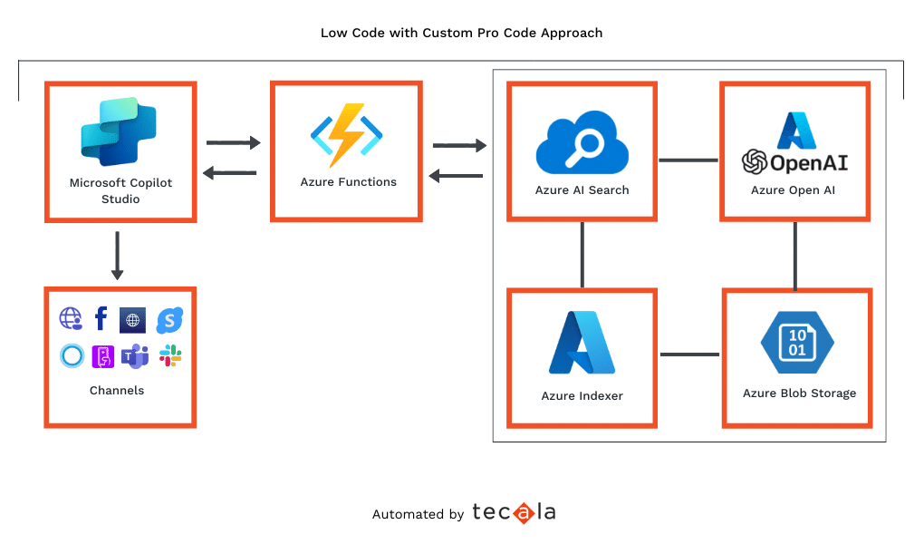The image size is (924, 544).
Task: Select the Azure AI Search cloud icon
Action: coord(582,141)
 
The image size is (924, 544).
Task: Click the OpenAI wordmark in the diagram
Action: coord(794,162)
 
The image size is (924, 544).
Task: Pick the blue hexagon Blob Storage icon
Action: coord(797,344)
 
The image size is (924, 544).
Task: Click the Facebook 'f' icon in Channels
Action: coord(101,318)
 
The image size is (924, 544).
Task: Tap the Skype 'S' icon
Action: coord(169,319)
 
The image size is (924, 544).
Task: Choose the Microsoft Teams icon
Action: coord(135,356)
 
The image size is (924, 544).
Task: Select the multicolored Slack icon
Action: coord(170,355)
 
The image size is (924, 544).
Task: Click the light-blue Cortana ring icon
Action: coord(72,355)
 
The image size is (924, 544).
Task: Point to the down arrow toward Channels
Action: coord(117,256)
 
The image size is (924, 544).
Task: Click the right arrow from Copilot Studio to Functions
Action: coord(233,142)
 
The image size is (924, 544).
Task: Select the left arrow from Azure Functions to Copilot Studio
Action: coord(229,172)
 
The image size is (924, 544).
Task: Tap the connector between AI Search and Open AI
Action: coord(688,160)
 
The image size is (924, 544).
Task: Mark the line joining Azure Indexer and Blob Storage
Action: coord(689,354)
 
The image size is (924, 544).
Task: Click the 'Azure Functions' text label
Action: coord(348,182)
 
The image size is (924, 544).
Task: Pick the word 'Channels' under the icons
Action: coord(117,391)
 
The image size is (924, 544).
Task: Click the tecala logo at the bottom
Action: coord(514,513)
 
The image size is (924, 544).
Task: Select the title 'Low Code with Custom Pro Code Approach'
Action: coord(461,33)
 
